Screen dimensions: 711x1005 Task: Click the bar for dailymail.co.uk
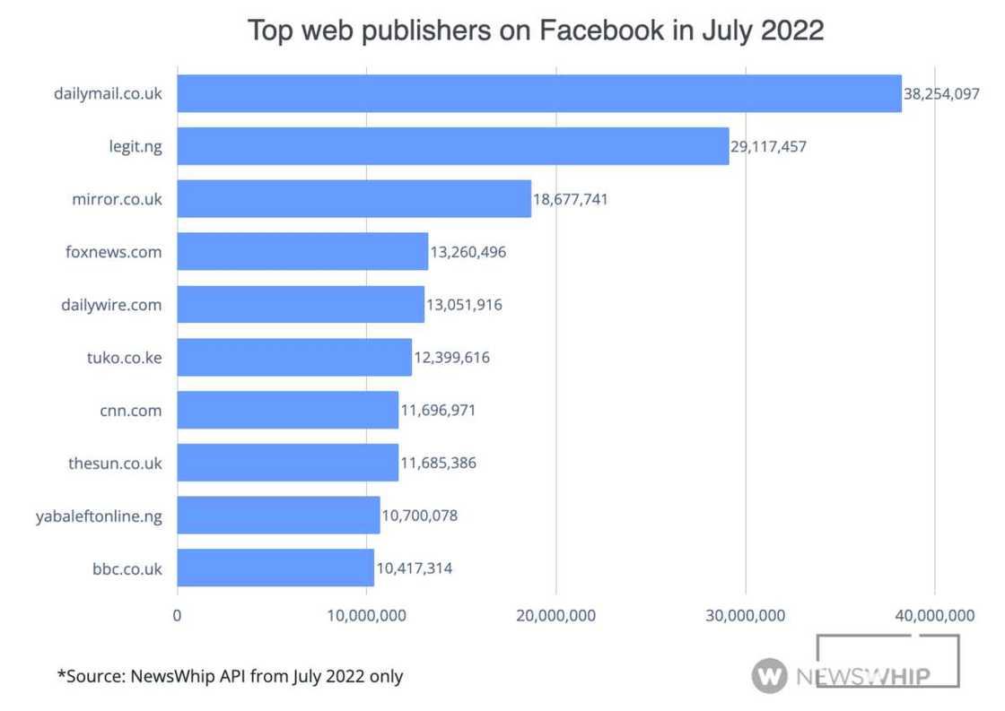click(x=538, y=93)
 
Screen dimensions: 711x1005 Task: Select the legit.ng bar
click(x=452, y=146)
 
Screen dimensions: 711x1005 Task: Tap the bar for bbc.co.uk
click(x=275, y=568)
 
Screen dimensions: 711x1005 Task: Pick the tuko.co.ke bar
click(x=293, y=357)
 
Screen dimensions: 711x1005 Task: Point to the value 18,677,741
click(x=570, y=199)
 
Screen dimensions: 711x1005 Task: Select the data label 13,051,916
click(x=464, y=305)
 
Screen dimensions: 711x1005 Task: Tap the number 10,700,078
click(x=419, y=516)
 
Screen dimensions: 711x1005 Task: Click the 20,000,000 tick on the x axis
click(x=556, y=615)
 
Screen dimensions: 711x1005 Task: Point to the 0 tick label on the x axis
click(x=177, y=615)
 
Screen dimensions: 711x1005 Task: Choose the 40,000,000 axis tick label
click(x=935, y=615)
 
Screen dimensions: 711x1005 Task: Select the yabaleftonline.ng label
click(x=99, y=516)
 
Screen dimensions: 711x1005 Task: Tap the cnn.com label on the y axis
click(x=131, y=411)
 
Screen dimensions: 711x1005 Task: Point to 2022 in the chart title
click(x=791, y=30)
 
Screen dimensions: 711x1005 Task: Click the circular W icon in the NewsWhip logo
click(x=769, y=674)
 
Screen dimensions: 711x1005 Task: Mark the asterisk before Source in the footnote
click(x=61, y=673)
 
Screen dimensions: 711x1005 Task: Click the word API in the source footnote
click(x=232, y=675)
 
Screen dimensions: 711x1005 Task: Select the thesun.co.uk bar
click(x=287, y=463)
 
